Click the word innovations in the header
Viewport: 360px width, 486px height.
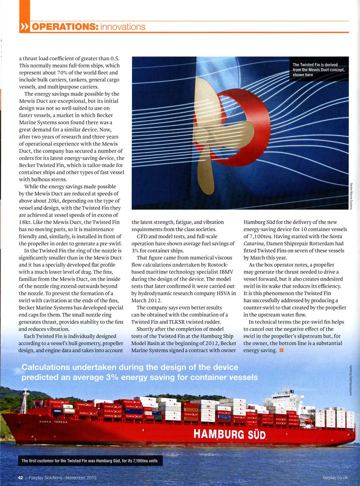coord(123,27)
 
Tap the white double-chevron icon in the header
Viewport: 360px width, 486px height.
coord(24,27)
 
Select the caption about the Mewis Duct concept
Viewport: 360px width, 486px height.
coord(318,70)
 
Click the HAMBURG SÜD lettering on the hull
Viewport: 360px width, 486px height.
coord(230,434)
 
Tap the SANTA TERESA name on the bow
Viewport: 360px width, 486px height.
coord(53,422)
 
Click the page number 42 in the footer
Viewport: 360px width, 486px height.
coord(20,478)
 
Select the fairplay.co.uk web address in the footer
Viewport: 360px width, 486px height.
coord(335,478)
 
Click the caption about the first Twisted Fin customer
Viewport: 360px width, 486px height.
coord(90,461)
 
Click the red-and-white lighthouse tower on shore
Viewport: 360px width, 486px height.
coord(25,400)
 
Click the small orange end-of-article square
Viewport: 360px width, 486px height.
coord(282,351)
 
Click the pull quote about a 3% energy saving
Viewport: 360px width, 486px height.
coord(140,372)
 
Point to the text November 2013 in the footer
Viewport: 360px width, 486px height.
coord(81,478)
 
